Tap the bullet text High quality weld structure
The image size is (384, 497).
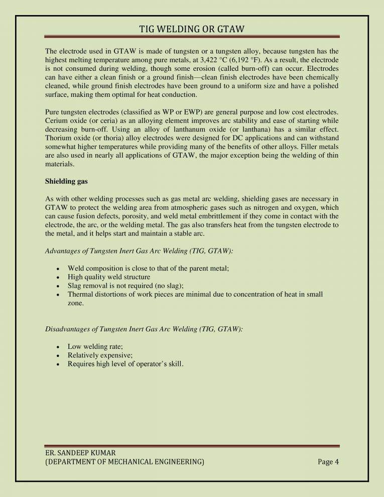click(x=109, y=277)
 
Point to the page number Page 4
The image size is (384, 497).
click(x=328, y=462)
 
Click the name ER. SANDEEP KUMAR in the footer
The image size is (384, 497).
click(x=78, y=453)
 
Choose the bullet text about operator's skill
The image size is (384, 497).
click(x=125, y=364)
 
